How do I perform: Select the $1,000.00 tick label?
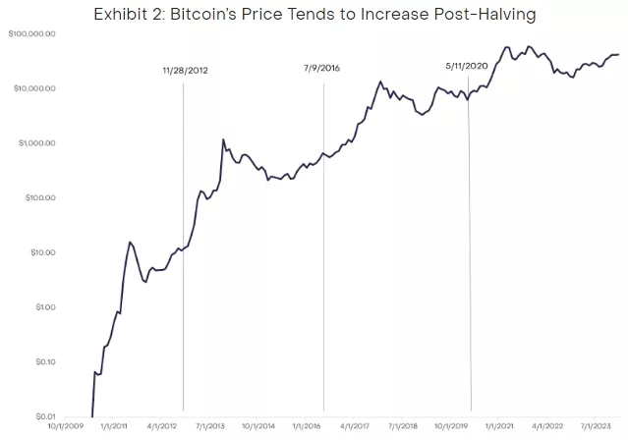[x=35, y=143]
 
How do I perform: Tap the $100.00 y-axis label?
[x=38, y=197]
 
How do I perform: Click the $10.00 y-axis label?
[x=40, y=252]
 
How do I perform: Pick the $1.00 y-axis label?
[x=42, y=307]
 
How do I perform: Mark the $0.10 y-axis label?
[x=42, y=361]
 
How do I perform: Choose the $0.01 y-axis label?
[x=42, y=416]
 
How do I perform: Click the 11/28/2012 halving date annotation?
[x=186, y=71]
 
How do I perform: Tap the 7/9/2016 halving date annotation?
[x=323, y=68]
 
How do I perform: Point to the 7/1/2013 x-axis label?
[x=210, y=427]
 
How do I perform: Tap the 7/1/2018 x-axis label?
[x=405, y=427]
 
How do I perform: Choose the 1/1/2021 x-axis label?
[x=500, y=427]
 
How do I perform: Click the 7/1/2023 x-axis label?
[x=597, y=427]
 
